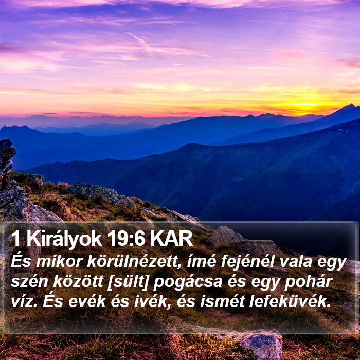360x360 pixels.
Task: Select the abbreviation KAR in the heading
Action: click(171, 239)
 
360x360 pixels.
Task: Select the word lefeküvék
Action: click(290, 301)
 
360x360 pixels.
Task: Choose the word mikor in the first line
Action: click(59, 262)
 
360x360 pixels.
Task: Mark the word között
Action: click(78, 282)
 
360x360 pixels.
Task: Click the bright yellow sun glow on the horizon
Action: click(305, 105)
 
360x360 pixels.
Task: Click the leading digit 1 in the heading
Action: click(15, 239)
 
